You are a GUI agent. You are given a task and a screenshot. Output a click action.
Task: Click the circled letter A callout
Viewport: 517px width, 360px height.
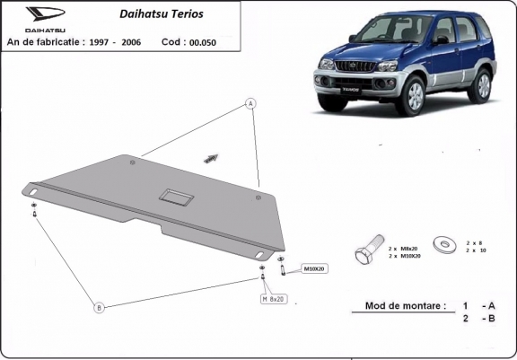[250, 104]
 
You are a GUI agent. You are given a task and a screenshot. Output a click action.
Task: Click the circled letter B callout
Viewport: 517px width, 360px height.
[100, 308]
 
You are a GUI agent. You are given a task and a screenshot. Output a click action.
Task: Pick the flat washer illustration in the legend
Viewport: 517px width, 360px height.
[443, 242]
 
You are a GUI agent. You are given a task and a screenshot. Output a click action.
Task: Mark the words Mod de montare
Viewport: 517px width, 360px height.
[405, 305]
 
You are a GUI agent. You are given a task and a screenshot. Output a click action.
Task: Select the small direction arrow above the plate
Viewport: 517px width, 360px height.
[211, 157]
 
